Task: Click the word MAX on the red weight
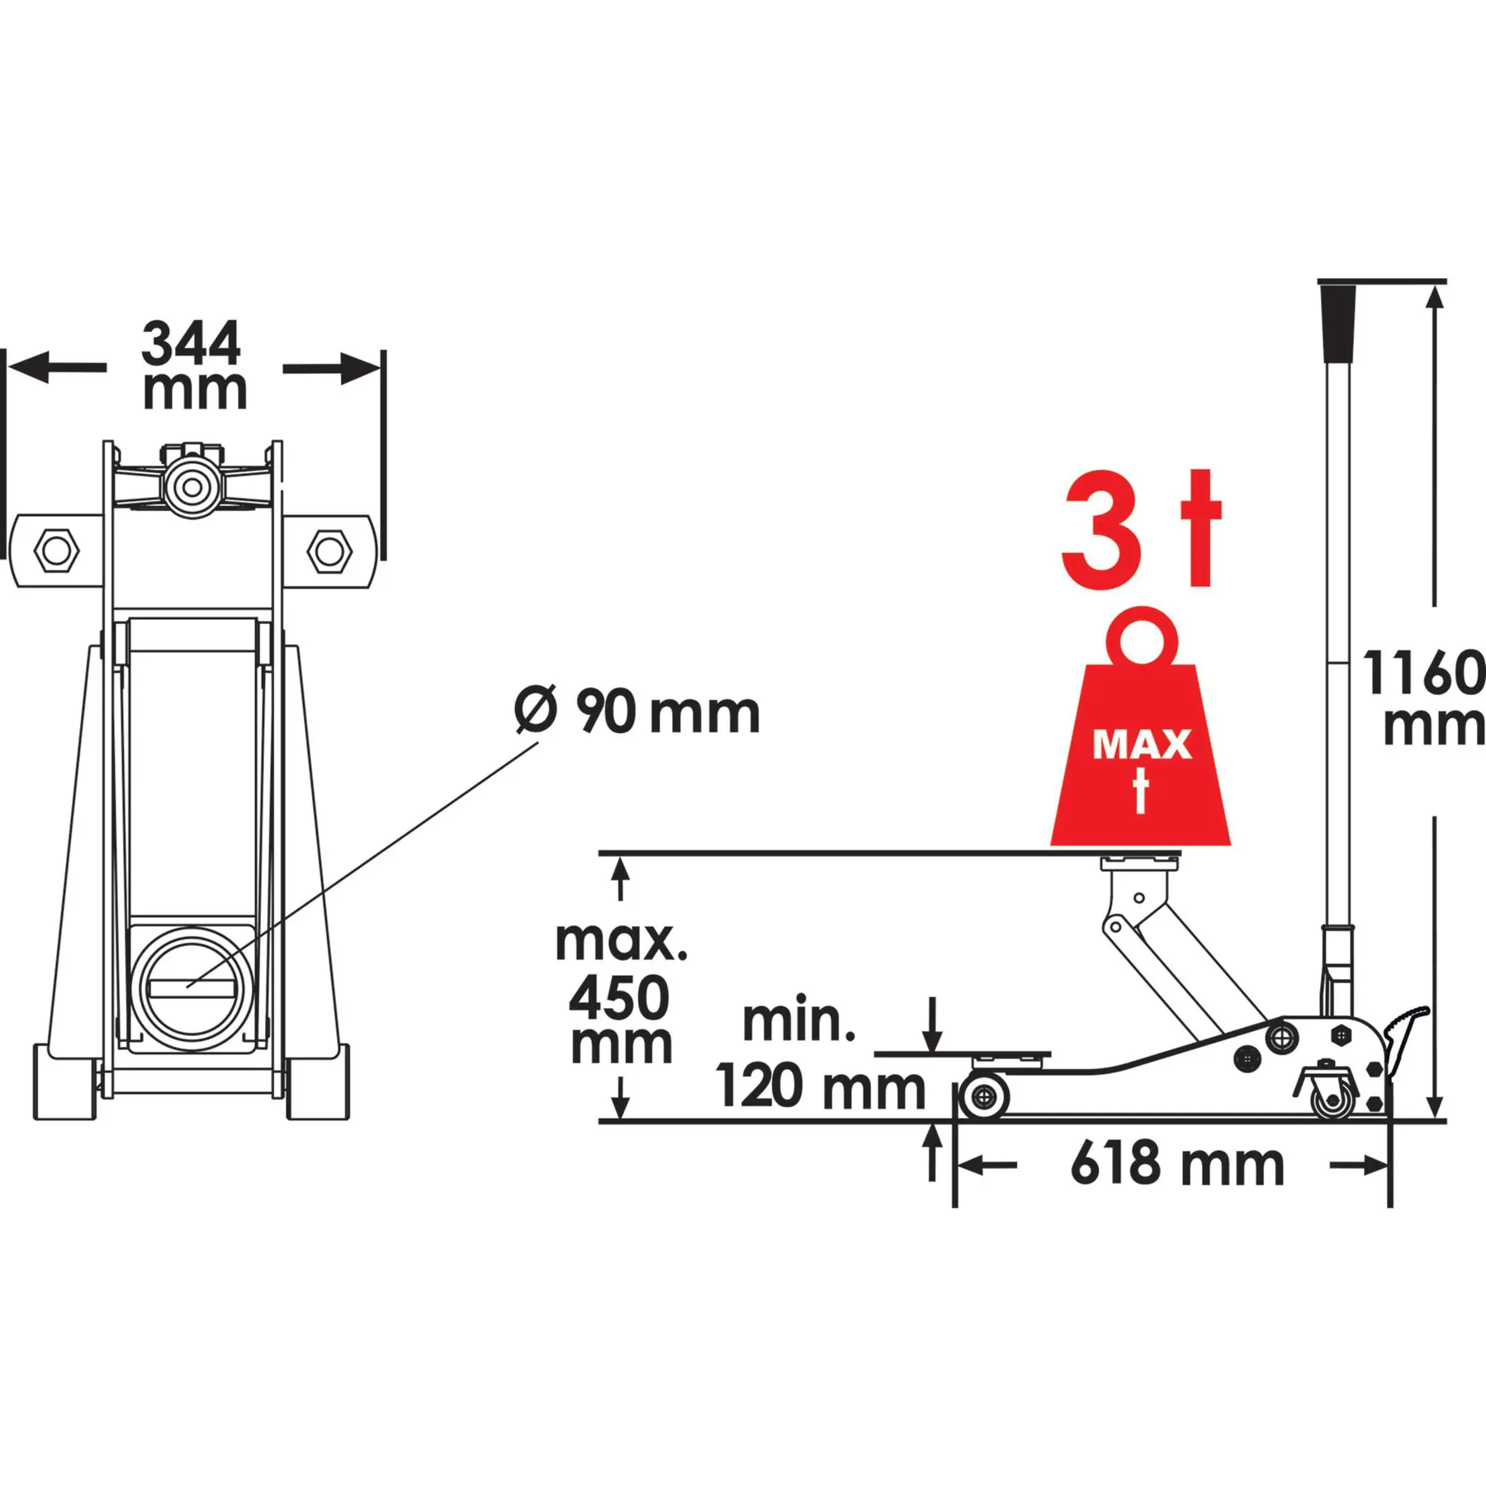pyautogui.click(x=1142, y=745)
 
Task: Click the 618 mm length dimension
pyautogui.click(x=1177, y=1165)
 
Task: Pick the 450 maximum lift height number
pyautogui.click(x=618, y=997)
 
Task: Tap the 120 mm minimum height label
pyautogui.click(x=821, y=1086)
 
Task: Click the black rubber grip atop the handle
pyautogui.click(x=1338, y=324)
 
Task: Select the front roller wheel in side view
pyautogui.click(x=983, y=1097)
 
